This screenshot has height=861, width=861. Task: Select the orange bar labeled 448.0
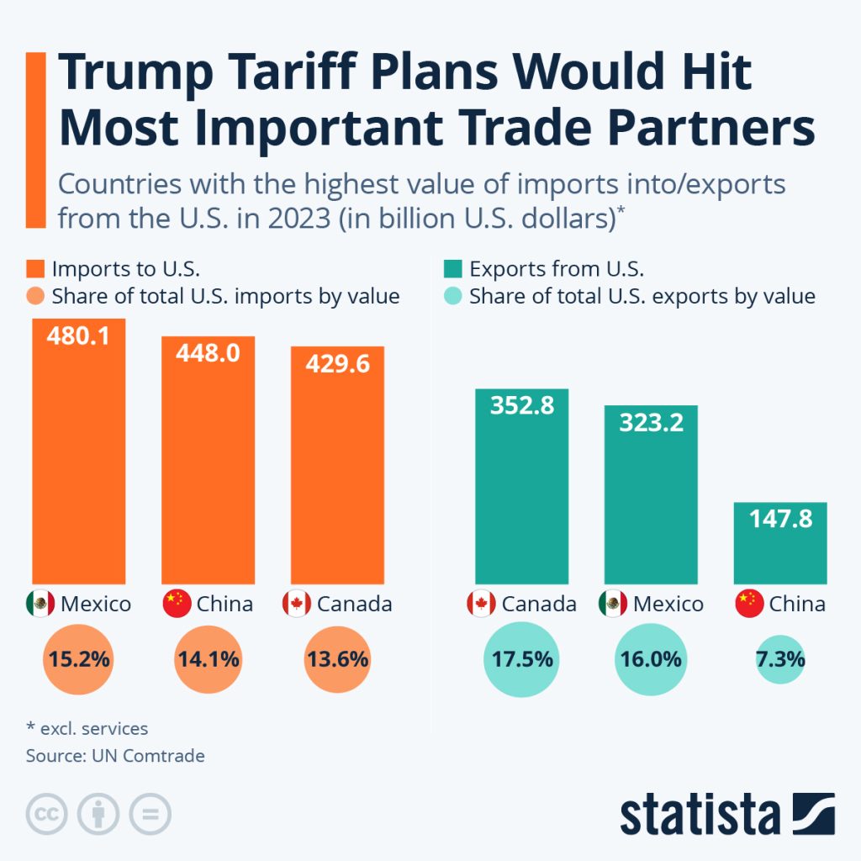click(208, 462)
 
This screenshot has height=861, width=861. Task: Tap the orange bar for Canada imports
click(337, 471)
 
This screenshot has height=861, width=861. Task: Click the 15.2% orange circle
click(78, 659)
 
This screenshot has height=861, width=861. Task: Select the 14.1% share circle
click(208, 659)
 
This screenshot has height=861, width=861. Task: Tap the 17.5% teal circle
click(522, 659)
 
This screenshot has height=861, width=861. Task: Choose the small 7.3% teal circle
click(780, 659)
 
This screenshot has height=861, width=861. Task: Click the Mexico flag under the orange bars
click(40, 604)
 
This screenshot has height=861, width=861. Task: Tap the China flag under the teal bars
click(749, 604)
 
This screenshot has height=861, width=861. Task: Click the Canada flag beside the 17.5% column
click(480, 604)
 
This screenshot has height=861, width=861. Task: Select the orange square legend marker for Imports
click(34, 269)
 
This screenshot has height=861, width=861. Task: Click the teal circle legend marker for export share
click(452, 296)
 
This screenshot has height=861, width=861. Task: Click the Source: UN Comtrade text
click(115, 755)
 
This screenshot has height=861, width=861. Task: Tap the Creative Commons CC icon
click(47, 814)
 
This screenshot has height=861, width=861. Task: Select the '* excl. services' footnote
click(87, 728)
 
